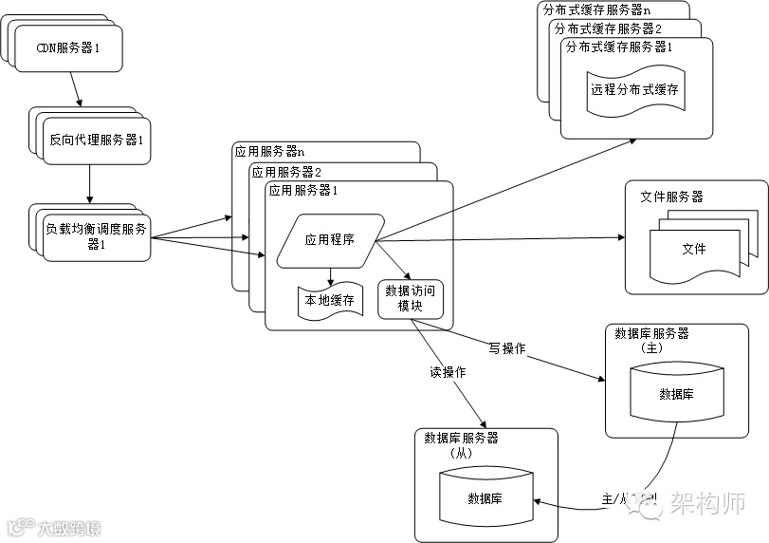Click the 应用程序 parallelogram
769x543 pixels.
(x=330, y=239)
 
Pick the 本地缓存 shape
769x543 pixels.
(x=329, y=300)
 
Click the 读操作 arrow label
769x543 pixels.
(x=448, y=373)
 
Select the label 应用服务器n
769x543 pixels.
(x=269, y=151)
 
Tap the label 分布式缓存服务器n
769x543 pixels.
(x=596, y=9)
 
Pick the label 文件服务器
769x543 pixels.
(x=671, y=197)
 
